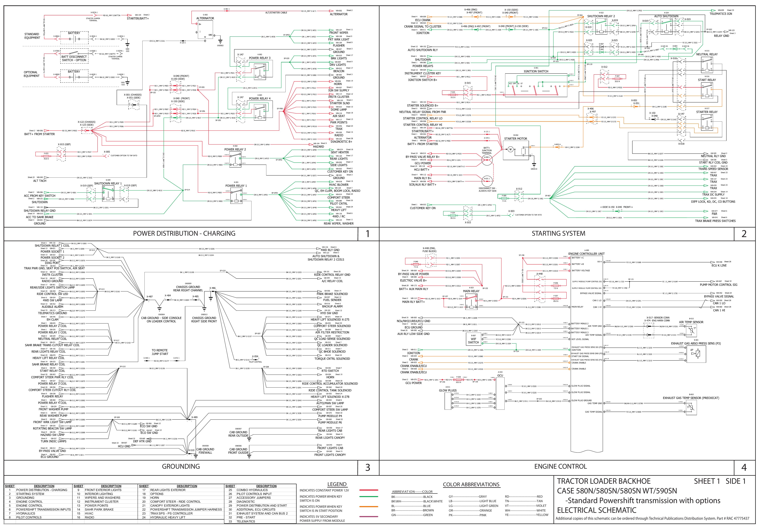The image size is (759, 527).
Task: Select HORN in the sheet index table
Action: [155, 498]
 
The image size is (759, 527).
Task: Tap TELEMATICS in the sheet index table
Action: [246, 521]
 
